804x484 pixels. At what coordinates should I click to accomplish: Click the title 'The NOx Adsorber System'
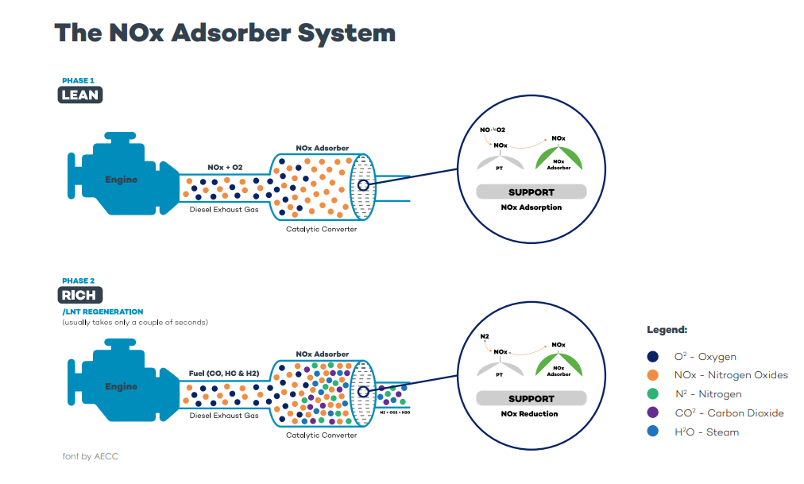pyautogui.click(x=225, y=33)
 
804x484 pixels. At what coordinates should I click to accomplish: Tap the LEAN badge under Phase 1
pyautogui.click(x=80, y=95)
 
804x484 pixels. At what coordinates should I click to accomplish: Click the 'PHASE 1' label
pyautogui.click(x=79, y=81)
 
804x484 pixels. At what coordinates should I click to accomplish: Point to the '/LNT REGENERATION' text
pyautogui.click(x=102, y=312)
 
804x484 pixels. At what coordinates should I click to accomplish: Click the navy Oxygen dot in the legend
pyautogui.click(x=653, y=357)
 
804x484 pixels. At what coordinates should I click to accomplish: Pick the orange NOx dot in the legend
pyautogui.click(x=653, y=375)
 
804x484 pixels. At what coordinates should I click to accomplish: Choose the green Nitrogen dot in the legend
pyautogui.click(x=653, y=394)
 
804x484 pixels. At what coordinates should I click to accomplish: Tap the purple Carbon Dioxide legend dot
pyautogui.click(x=653, y=413)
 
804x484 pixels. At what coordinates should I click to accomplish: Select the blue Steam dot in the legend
pyautogui.click(x=653, y=432)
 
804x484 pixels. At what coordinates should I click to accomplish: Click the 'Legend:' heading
pyautogui.click(x=667, y=330)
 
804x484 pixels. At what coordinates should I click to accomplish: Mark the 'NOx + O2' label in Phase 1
pyautogui.click(x=225, y=168)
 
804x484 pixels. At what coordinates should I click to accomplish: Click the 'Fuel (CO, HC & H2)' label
pyautogui.click(x=224, y=373)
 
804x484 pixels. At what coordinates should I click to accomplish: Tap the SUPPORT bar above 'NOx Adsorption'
pyautogui.click(x=531, y=192)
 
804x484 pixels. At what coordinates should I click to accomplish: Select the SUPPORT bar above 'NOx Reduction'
pyautogui.click(x=531, y=399)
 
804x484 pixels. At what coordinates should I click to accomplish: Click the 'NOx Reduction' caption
pyautogui.click(x=530, y=414)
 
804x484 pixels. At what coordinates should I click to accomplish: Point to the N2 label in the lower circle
pyautogui.click(x=485, y=336)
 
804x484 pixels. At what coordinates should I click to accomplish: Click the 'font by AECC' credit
pyautogui.click(x=90, y=456)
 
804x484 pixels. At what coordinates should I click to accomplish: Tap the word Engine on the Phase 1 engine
pyautogui.click(x=121, y=180)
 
